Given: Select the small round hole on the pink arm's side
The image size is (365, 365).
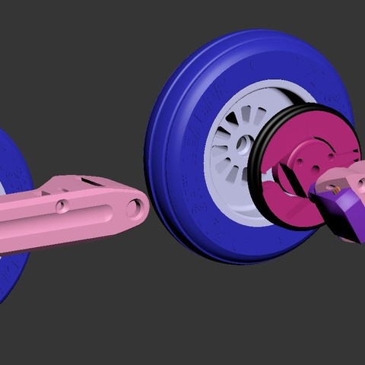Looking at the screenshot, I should tap(62, 205).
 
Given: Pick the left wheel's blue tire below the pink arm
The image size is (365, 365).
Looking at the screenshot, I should tap(11, 274).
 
